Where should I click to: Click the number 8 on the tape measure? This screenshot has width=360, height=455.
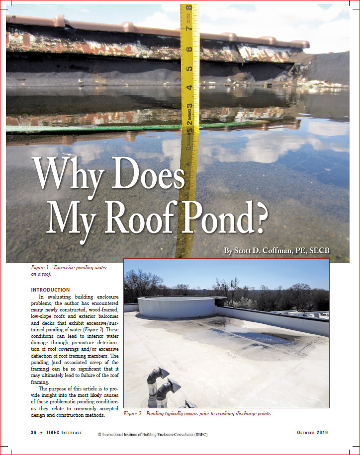[189, 8]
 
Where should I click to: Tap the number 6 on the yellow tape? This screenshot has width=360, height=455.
[189, 48]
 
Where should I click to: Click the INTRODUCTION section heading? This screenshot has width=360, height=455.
[50, 290]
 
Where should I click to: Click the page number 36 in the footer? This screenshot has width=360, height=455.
[35, 433]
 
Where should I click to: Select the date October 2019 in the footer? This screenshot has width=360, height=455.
[312, 433]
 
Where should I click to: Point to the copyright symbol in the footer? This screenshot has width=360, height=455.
[100, 435]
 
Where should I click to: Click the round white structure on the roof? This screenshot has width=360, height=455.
[177, 307]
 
